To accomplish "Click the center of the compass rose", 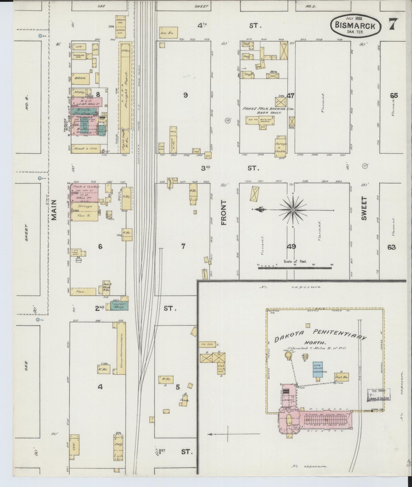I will pos(293,210).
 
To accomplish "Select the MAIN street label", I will pos(54,210).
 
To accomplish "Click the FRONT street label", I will pos(224,212).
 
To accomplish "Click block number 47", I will pos(291,96).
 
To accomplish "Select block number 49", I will pos(292,247).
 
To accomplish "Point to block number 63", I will pos(391,247).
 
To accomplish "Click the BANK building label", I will pos(78,78).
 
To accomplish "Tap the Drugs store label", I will pos(84,206).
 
